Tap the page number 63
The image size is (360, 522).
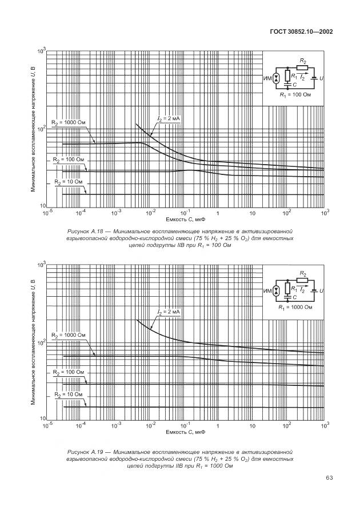click(x=329, y=477)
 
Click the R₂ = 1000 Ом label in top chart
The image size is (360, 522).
click(x=68, y=122)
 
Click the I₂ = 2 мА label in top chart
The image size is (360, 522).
click(x=169, y=118)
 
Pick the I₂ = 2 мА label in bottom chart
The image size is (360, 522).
click(x=169, y=312)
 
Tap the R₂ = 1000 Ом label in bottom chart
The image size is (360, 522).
click(x=68, y=334)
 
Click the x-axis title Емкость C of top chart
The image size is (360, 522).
click(x=185, y=219)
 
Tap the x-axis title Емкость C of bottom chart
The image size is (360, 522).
click(x=185, y=432)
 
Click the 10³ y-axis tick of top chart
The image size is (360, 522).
click(x=42, y=51)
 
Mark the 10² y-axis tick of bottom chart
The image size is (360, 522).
click(x=42, y=343)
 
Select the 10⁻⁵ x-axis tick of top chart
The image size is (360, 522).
click(x=47, y=212)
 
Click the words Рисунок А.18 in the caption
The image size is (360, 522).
click(x=86, y=230)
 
